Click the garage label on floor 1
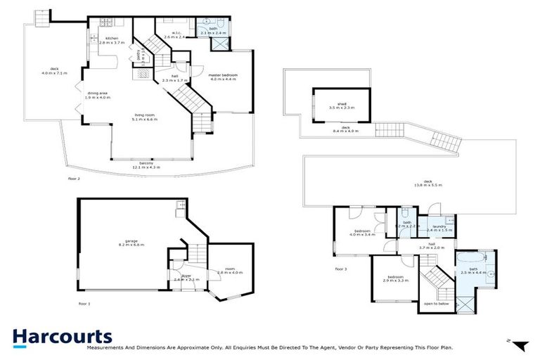(x=131, y=243)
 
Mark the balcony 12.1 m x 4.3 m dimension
(x=147, y=168)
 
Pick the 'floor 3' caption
(x=341, y=269)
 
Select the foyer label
(x=186, y=278)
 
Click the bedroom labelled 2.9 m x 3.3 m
(x=397, y=278)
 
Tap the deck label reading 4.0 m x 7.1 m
(x=49, y=71)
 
